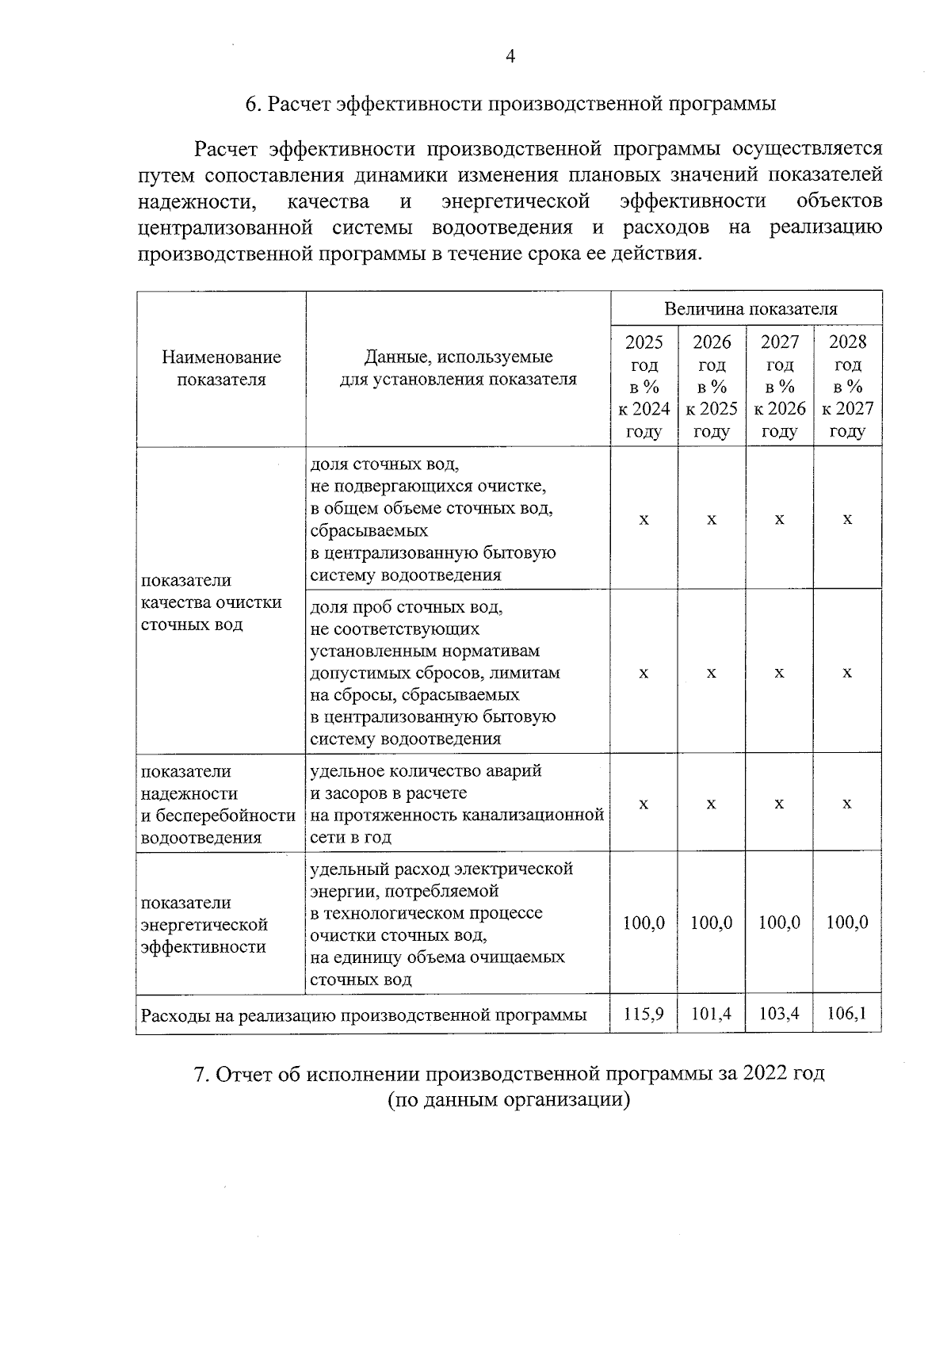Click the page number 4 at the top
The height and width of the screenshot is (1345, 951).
tap(510, 56)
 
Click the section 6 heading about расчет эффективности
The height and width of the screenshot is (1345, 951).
tap(510, 105)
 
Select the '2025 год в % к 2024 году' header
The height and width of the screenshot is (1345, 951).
tap(644, 387)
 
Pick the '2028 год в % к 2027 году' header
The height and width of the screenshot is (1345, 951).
tap(847, 387)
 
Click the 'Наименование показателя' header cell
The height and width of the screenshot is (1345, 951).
tap(221, 369)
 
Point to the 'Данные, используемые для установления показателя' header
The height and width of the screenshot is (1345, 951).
tap(458, 369)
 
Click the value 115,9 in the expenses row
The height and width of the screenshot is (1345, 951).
tap(644, 1014)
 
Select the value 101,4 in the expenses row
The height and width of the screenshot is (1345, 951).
tap(711, 1014)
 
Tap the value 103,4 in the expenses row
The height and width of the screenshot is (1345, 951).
tap(779, 1014)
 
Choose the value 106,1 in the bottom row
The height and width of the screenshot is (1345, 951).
tap(847, 1014)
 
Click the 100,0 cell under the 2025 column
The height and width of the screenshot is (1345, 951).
tap(644, 923)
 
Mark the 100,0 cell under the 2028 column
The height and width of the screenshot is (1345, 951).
tap(847, 923)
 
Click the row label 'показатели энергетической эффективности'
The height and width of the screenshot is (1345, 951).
tap(204, 925)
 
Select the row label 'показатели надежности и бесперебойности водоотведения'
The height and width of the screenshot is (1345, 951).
tap(218, 804)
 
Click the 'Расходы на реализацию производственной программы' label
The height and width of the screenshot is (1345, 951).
tap(364, 1015)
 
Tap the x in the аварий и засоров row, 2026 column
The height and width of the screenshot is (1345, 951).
tap(711, 804)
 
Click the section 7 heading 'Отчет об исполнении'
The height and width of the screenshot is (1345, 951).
tap(510, 1074)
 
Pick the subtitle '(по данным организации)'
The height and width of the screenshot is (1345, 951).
tap(509, 1100)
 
